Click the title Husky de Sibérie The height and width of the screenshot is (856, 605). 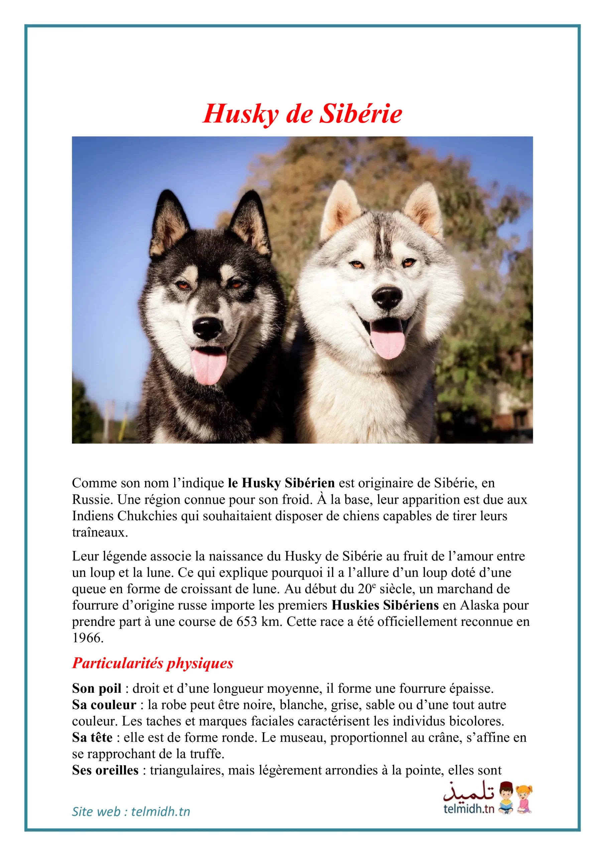point(302,113)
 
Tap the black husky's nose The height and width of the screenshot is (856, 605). point(208,327)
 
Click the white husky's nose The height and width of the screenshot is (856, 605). point(387,297)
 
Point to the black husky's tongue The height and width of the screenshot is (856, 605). point(208,366)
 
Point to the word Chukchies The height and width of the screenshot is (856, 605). point(147,516)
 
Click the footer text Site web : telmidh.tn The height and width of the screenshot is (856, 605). point(131,812)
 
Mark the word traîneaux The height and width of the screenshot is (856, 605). point(100,532)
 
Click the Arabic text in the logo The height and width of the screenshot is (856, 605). point(469,792)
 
